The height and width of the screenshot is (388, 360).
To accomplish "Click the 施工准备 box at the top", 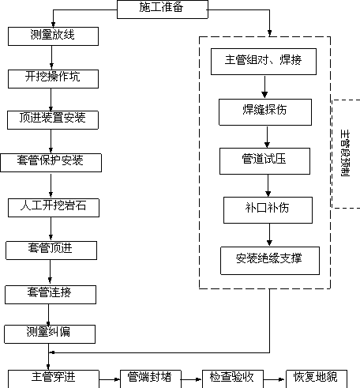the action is (163, 9).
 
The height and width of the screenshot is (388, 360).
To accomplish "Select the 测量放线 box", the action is (53, 36).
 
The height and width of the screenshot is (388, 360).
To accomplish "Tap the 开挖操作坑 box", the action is (53, 79).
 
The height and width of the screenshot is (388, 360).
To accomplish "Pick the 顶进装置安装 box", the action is (53, 120).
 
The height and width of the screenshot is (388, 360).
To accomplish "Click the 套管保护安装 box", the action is (51, 163).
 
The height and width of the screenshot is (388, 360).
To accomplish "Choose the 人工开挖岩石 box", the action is (54, 208).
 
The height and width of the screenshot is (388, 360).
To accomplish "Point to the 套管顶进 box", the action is (51, 251).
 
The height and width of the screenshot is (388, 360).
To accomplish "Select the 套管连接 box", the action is (51, 295).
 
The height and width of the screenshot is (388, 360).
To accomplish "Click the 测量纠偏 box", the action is (50, 334).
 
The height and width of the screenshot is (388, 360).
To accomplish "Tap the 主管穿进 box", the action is (54, 379).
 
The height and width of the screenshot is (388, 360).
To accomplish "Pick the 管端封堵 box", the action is (151, 379).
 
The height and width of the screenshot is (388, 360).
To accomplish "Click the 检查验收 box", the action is (233, 379).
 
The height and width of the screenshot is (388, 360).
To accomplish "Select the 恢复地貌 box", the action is (317, 379).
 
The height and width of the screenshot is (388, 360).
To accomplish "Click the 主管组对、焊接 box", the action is (264, 62).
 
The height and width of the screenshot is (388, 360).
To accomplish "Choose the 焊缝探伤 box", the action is (265, 112).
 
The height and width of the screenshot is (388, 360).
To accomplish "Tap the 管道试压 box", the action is (264, 161).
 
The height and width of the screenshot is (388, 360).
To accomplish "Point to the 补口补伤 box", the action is (268, 210).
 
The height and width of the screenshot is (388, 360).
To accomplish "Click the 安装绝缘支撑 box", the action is (270, 261).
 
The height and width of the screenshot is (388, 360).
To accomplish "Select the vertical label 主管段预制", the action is (345, 153).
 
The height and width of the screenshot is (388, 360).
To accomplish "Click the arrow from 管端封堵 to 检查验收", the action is (192, 379).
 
